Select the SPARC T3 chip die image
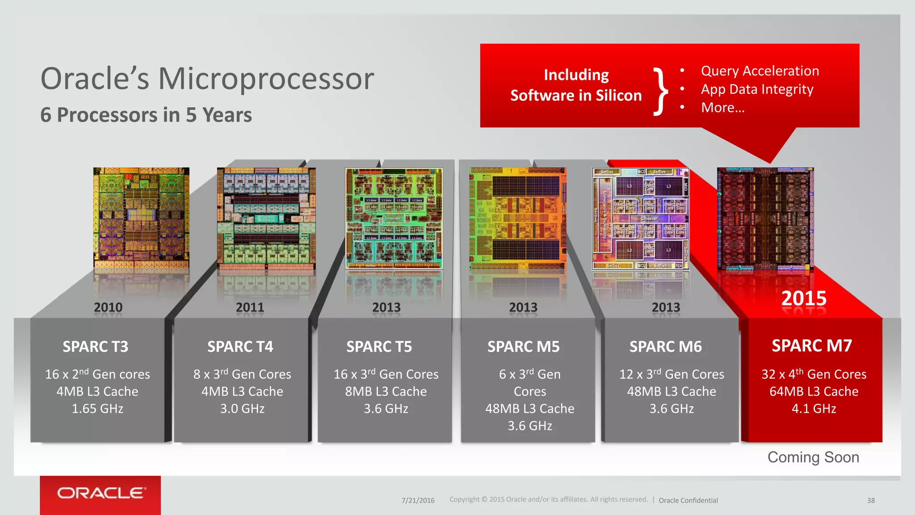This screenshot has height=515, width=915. (x=141, y=218)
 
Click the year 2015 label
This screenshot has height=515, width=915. (x=804, y=299)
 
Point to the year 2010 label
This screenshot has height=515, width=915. (x=108, y=308)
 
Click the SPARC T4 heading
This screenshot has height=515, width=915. (x=240, y=347)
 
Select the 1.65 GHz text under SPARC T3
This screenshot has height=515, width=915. (x=97, y=409)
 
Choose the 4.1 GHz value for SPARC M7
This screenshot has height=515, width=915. (x=814, y=409)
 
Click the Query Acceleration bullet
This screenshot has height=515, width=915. (x=760, y=71)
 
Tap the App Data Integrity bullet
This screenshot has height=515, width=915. (x=757, y=89)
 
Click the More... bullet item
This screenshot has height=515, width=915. (x=722, y=108)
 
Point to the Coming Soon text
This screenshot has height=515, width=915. (x=813, y=457)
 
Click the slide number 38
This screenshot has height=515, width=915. (x=871, y=501)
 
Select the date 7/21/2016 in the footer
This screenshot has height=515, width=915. (x=418, y=501)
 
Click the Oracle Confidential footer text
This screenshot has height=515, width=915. (x=688, y=501)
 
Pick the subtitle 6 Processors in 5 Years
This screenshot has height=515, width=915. (x=146, y=115)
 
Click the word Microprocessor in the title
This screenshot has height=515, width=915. (x=266, y=79)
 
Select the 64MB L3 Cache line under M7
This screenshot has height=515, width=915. (x=814, y=392)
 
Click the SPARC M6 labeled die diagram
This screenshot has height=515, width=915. (x=640, y=219)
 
